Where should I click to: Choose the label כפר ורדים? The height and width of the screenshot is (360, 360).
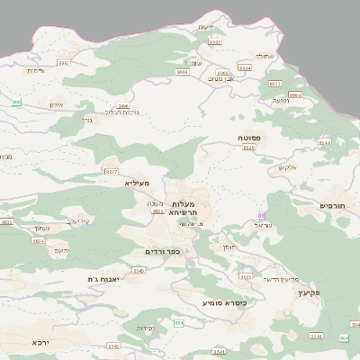click(x=164, y=251)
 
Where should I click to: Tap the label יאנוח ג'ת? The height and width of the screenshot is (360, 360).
click(x=104, y=279)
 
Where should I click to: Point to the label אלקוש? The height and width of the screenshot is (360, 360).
click(x=287, y=167)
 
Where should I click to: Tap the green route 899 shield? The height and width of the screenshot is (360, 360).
click(x=16, y=103)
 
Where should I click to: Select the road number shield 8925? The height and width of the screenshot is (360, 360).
click(x=249, y=148)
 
